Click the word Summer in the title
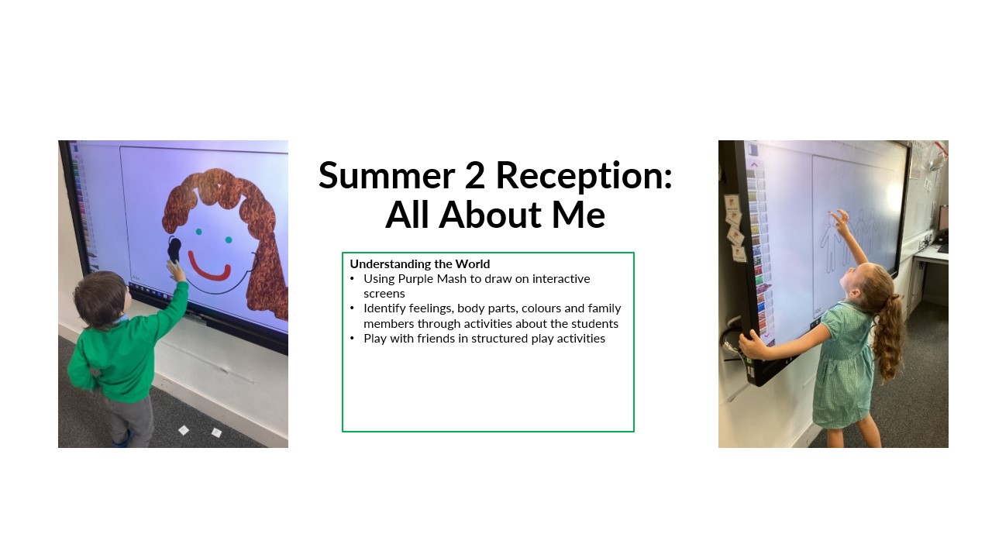coord(387,175)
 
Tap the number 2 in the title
coord(475,175)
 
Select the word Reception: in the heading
coord(584,177)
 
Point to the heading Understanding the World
coord(420,264)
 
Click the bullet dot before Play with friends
coord(352,339)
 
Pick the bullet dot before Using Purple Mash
coord(352,279)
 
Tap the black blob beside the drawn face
coord(174,250)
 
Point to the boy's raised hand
coord(175,270)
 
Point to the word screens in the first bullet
coord(384,294)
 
